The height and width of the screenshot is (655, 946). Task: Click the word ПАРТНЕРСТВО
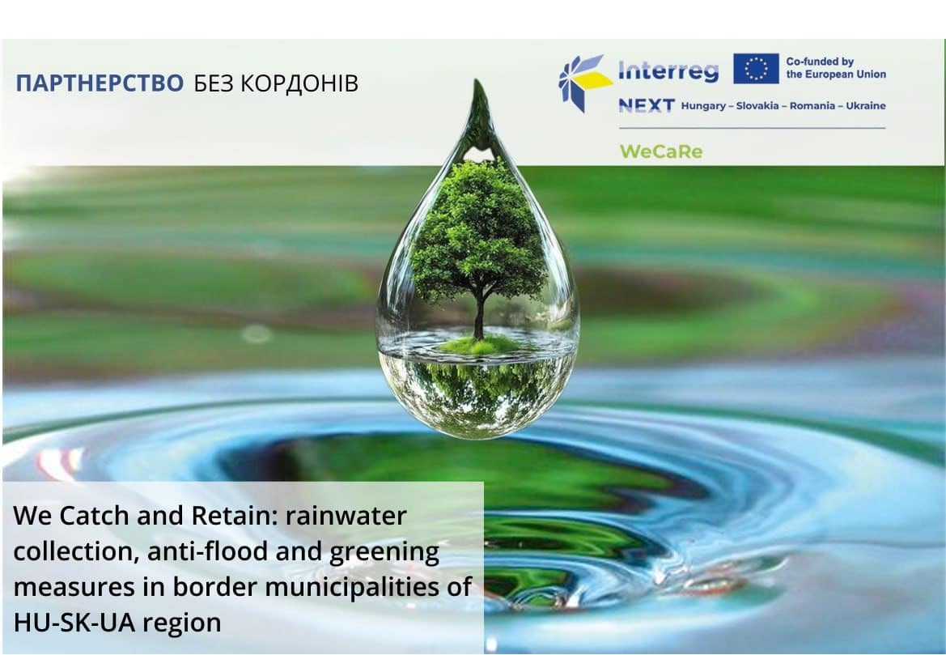point(100,83)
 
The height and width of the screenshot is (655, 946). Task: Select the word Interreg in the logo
point(668,71)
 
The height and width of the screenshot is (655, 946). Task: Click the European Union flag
point(756,69)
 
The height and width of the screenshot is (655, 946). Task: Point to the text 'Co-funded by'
point(820,62)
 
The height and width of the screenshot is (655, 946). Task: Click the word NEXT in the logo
point(646,105)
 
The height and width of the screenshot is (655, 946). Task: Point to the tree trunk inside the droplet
point(479,316)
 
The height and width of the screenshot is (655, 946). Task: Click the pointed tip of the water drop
point(481,85)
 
